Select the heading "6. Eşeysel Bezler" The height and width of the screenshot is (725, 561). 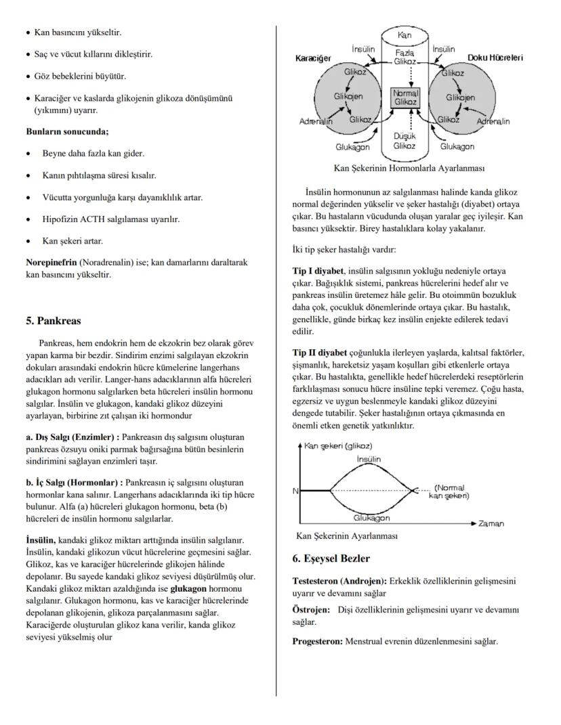tap(331, 558)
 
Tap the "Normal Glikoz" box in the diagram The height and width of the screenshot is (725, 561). tap(404, 97)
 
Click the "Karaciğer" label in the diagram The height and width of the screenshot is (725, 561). tap(313, 59)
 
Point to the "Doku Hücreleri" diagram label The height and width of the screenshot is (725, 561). tap(495, 59)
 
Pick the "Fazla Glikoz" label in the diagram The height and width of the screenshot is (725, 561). tap(404, 57)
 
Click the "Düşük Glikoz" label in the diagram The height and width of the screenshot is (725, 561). tap(404, 141)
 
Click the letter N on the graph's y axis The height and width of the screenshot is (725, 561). tap(295, 491)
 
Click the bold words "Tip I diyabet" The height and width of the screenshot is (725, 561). tap(318, 271)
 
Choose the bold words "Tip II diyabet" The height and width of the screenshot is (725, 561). tap(320, 353)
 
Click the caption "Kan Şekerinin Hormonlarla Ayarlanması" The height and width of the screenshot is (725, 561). tap(409, 167)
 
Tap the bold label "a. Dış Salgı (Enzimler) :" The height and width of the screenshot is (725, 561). tap(72, 437)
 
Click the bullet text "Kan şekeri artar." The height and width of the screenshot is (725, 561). tap(72, 240)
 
